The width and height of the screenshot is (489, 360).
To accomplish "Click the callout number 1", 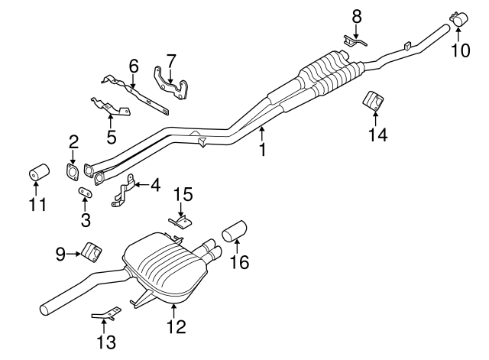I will point(262,150).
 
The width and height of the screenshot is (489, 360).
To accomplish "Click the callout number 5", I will point(111,138).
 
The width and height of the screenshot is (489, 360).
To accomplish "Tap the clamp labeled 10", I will point(460,18).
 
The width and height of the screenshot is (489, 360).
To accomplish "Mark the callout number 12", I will point(176,327).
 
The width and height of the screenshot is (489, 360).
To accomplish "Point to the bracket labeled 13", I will point(105,314).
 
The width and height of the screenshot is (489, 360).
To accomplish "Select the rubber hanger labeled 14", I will point(373,101).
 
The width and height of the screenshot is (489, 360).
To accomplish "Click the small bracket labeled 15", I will point(180,222).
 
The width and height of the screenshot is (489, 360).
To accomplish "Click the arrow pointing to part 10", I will point(460,31).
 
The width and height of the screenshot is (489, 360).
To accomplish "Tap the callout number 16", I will point(240,262).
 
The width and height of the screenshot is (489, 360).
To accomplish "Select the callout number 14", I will point(377,135).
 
